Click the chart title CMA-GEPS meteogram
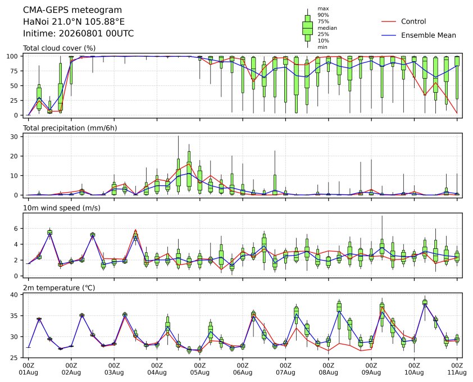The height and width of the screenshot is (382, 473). point(72,10)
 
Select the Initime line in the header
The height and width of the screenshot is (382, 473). point(79,33)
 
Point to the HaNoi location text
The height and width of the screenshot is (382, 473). point(74,22)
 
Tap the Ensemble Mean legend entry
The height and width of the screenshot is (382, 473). point(419,35)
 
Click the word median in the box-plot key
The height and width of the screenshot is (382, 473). point(327,28)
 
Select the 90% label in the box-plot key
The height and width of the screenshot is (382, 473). point(323,15)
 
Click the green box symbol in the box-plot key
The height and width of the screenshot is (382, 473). point(307,28)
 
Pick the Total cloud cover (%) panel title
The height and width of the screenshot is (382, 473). point(60,48)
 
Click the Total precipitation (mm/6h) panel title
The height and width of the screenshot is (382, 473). point(70,128)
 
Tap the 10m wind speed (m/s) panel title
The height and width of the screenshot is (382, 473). point(62,208)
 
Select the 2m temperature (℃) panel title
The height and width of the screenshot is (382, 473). point(59,288)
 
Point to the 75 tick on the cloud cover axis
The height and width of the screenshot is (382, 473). point(14,71)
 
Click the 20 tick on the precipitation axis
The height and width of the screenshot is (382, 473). point(14,156)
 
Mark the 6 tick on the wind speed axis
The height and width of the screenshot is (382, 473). point(16,229)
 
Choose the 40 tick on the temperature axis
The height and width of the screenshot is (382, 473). point(14,294)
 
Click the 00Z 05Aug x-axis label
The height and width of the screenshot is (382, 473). point(199,369)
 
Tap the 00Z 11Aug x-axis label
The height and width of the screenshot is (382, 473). point(457,369)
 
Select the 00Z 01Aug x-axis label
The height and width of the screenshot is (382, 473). point(28,369)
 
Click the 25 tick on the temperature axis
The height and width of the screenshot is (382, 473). point(14,358)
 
